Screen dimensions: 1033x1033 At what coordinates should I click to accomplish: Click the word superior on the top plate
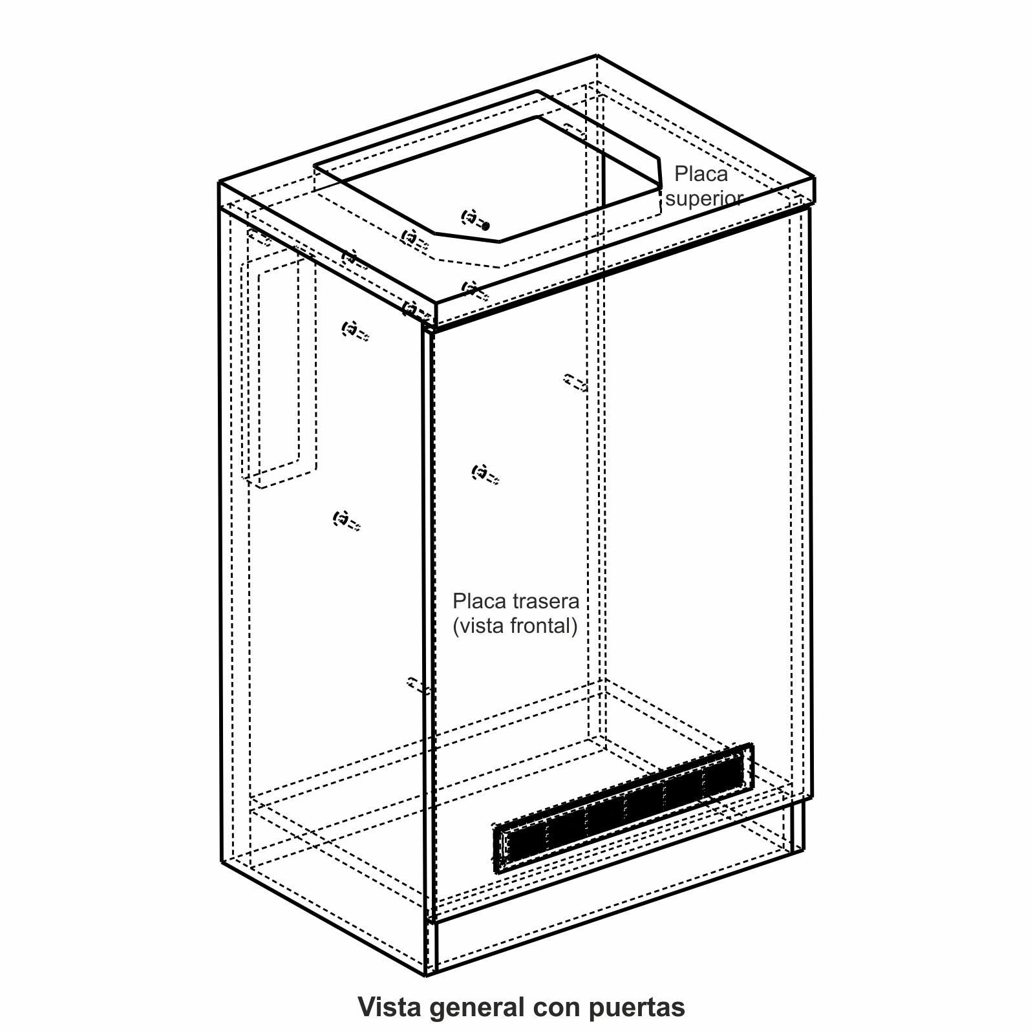click(x=703, y=198)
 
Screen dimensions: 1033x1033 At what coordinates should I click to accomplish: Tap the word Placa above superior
click(x=701, y=174)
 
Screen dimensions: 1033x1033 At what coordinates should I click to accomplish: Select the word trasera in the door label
click(x=546, y=601)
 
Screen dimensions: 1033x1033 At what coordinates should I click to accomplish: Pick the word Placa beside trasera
click(x=480, y=601)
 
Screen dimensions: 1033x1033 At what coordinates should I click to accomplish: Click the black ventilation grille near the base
click(x=623, y=809)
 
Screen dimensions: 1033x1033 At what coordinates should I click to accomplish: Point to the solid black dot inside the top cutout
click(x=486, y=226)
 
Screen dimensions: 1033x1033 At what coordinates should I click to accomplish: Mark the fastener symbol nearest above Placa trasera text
click(x=485, y=474)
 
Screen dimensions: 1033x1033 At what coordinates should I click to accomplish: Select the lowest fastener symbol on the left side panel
click(x=345, y=520)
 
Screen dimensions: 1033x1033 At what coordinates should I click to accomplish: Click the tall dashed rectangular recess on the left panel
click(x=279, y=368)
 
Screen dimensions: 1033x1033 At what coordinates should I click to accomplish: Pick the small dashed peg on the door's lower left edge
click(x=418, y=685)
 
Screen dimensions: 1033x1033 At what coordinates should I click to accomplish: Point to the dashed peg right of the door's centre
click(x=575, y=382)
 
